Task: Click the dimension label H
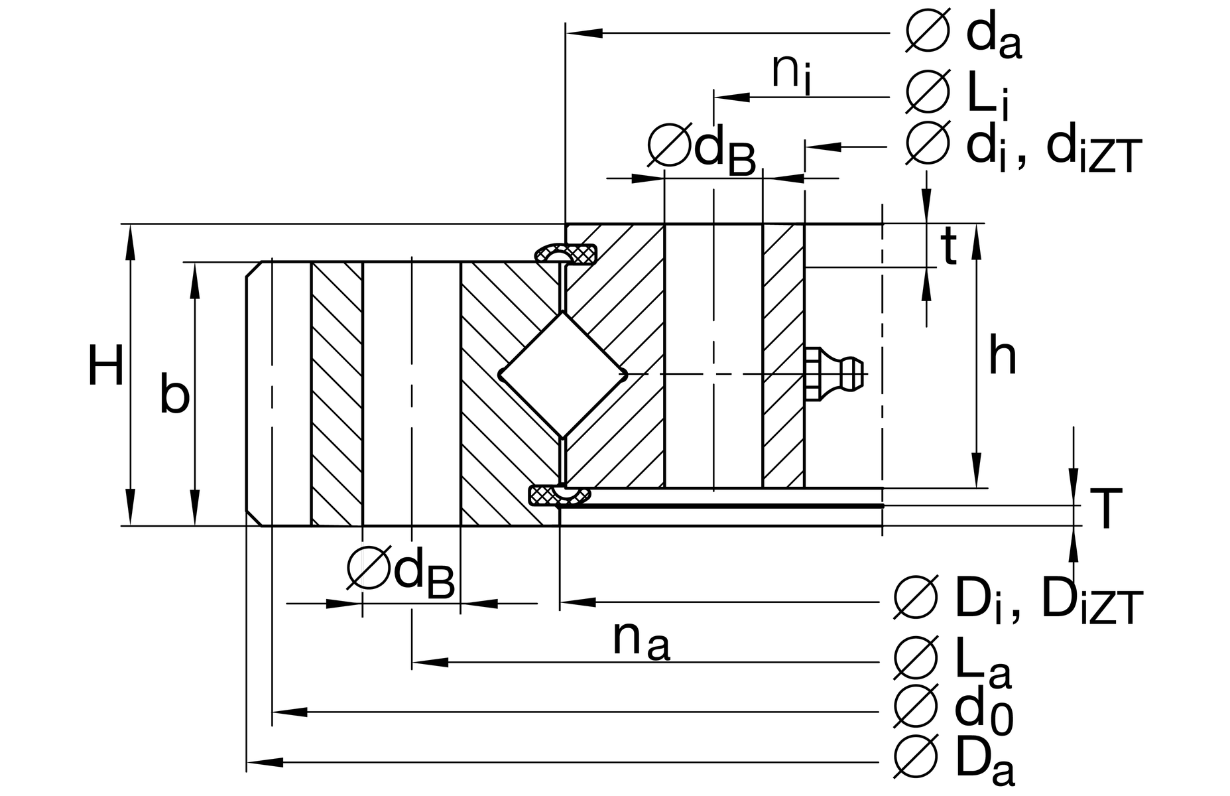pyautogui.click(x=105, y=366)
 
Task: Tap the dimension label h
pyautogui.click(x=1002, y=356)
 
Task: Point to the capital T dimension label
pyautogui.click(x=1105, y=510)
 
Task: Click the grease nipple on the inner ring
pyautogui.click(x=834, y=374)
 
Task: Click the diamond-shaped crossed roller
pyautogui.click(x=562, y=375)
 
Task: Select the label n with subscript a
pyautogui.click(x=641, y=640)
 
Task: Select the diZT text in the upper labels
pyautogui.click(x=1093, y=150)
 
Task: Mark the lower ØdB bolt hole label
pyautogui.click(x=401, y=574)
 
